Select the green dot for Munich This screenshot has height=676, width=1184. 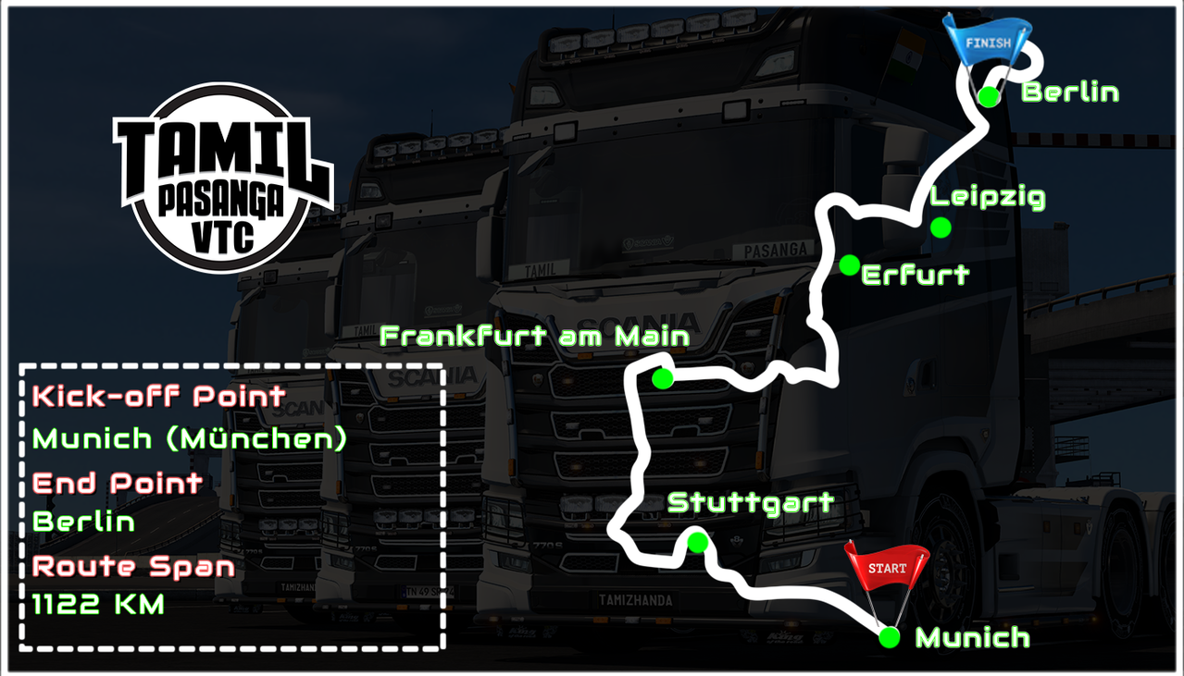tap(889, 637)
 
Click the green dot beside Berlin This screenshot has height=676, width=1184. tap(989, 95)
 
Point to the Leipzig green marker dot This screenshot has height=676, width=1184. tap(941, 227)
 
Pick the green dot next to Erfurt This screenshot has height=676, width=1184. tap(848, 265)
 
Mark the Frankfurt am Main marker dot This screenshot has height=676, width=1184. tap(662, 378)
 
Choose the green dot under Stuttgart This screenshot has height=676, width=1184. tap(698, 542)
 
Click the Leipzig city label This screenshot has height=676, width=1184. tap(988, 198)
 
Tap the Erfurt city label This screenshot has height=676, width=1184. tap(916, 275)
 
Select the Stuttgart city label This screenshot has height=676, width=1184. tap(751, 504)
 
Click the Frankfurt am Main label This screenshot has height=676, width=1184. tap(535, 337)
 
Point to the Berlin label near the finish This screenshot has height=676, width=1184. tap(1070, 93)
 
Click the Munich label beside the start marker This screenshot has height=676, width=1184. tap(972, 637)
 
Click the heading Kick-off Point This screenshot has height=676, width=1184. tap(158, 397)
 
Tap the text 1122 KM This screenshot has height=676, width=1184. tap(98, 606)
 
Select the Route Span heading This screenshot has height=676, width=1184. tap(133, 566)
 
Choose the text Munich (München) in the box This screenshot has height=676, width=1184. tap(190, 438)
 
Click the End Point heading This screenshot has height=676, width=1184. tap(118, 483)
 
